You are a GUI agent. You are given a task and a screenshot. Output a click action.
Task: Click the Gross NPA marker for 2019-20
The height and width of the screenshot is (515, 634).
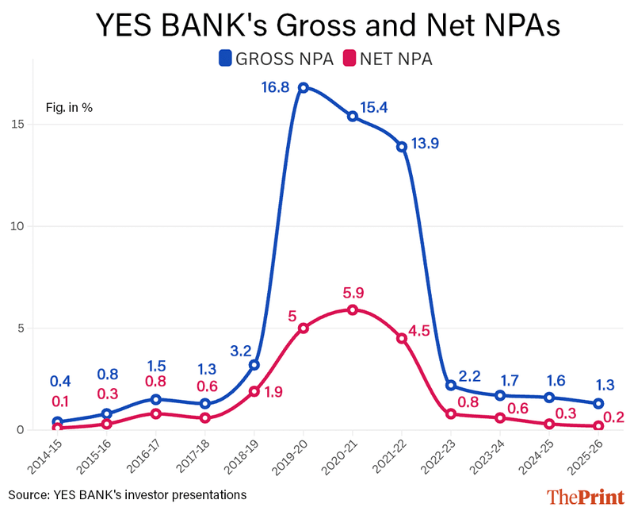(x=303, y=88)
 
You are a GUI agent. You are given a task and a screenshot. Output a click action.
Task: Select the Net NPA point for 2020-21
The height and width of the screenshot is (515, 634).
(x=353, y=309)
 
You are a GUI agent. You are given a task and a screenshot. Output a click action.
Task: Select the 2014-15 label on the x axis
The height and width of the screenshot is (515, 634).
(x=47, y=459)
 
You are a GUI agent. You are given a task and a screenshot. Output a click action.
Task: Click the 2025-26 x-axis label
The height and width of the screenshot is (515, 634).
(x=589, y=459)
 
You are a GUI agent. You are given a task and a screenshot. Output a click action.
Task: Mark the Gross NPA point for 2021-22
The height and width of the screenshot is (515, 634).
(x=402, y=147)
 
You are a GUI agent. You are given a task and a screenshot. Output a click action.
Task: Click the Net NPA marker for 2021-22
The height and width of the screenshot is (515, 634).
(x=402, y=338)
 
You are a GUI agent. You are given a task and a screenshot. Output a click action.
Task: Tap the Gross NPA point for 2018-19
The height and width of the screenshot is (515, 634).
(x=254, y=365)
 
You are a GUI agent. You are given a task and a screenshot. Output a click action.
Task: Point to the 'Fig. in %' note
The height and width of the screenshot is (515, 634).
(x=68, y=107)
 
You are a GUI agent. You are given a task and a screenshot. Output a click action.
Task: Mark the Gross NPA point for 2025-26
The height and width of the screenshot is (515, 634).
(x=599, y=403)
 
